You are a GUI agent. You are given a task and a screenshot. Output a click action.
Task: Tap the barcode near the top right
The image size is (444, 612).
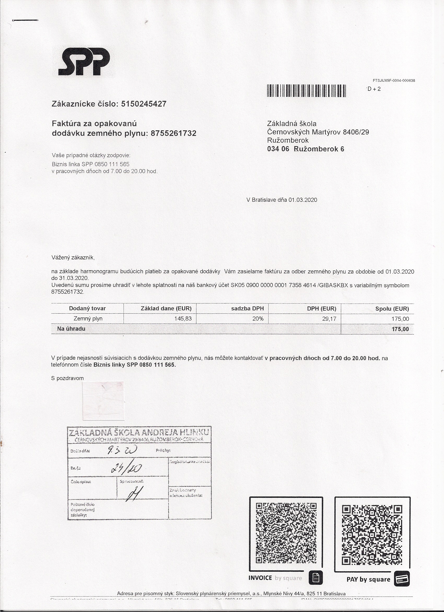(x=306, y=91)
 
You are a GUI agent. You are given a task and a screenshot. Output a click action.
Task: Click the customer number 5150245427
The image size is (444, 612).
(x=144, y=104)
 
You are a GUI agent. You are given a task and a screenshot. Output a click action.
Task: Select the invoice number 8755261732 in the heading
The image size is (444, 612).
(x=174, y=133)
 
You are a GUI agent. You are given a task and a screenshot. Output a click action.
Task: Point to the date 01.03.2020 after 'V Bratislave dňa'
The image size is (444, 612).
(x=303, y=200)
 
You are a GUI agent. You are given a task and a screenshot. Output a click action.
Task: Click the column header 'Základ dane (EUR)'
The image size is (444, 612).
(x=166, y=308)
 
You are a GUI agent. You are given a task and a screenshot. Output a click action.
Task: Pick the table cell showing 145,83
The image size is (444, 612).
(x=183, y=319)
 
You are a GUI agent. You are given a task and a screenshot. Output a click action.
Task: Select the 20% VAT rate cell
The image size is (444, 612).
(x=258, y=319)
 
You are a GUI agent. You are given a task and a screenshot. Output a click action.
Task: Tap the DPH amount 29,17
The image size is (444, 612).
(x=329, y=319)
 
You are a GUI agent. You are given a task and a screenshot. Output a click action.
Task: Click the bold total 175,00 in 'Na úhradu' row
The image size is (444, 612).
(x=400, y=329)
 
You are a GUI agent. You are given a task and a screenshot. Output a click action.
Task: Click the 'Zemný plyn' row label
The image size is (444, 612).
(x=88, y=319)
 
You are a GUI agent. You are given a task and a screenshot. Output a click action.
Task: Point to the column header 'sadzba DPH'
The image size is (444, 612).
(x=247, y=308)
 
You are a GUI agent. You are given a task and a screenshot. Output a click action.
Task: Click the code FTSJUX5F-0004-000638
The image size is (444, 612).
(x=394, y=80)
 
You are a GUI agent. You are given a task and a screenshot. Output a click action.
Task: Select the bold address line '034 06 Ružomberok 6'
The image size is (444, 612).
(x=306, y=149)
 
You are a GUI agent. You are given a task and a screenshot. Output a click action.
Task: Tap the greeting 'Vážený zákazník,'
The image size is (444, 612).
(x=73, y=257)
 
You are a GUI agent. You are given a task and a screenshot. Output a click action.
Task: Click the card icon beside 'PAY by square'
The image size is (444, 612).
(x=402, y=579)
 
